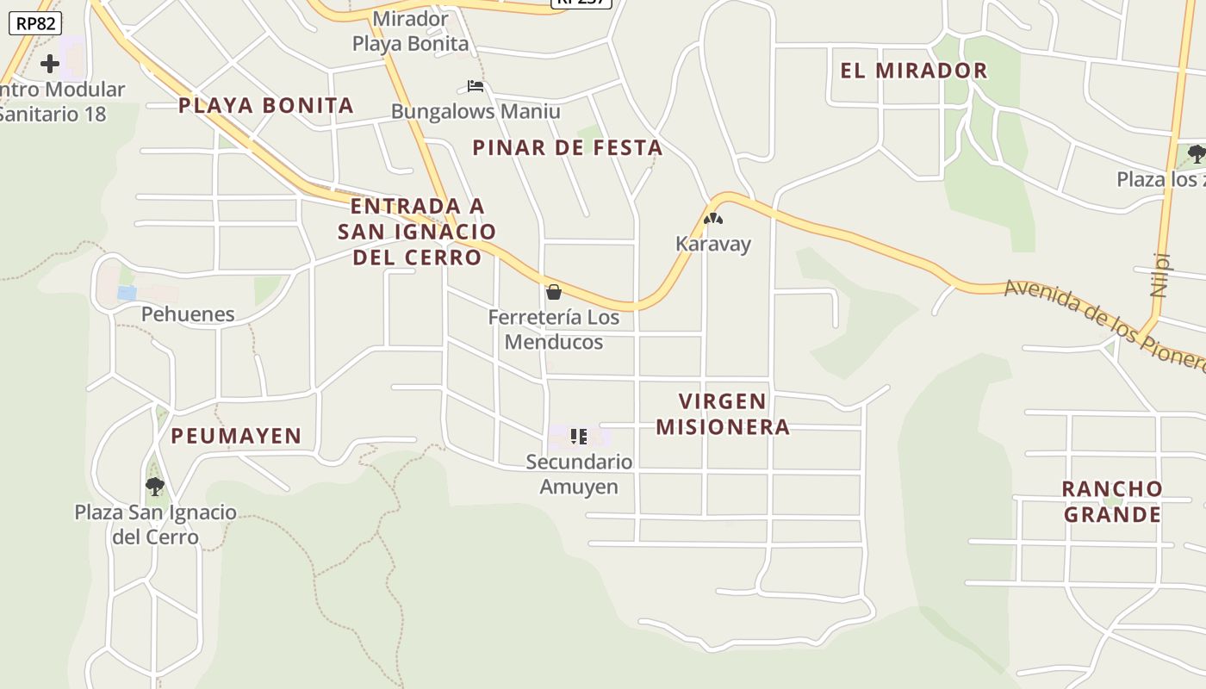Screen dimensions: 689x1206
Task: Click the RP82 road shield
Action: pyautogui.click(x=35, y=23)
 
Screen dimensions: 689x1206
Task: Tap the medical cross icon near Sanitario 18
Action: pyautogui.click(x=50, y=63)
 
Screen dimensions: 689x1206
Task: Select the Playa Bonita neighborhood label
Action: pyautogui.click(x=266, y=106)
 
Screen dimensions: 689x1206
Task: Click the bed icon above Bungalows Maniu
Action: pyautogui.click(x=475, y=86)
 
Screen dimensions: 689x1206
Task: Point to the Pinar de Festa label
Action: pyautogui.click(x=568, y=148)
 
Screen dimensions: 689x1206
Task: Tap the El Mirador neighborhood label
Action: pyautogui.click(x=913, y=71)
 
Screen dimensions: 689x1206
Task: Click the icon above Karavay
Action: pyautogui.click(x=712, y=220)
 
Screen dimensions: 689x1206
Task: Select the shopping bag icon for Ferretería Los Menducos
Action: pyautogui.click(x=554, y=292)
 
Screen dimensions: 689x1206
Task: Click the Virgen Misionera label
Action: pyautogui.click(x=723, y=414)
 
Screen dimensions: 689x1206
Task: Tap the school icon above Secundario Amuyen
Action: pyautogui.click(x=579, y=437)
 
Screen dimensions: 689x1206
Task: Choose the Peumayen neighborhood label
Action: pyautogui.click(x=236, y=437)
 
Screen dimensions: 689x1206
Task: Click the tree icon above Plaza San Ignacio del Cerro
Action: pyautogui.click(x=155, y=487)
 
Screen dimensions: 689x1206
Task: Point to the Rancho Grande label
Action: pyautogui.click(x=1112, y=502)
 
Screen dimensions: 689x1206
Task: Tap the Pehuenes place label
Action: pyautogui.click(x=188, y=314)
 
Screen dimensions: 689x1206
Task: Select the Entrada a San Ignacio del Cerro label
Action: pyautogui.click(x=417, y=232)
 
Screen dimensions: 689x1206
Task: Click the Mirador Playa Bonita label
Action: pyautogui.click(x=411, y=31)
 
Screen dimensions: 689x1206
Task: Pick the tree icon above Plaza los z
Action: pyautogui.click(x=1196, y=154)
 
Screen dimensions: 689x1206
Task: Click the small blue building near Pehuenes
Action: pyautogui.click(x=127, y=294)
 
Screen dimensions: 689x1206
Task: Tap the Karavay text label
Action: pyautogui.click(x=713, y=244)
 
